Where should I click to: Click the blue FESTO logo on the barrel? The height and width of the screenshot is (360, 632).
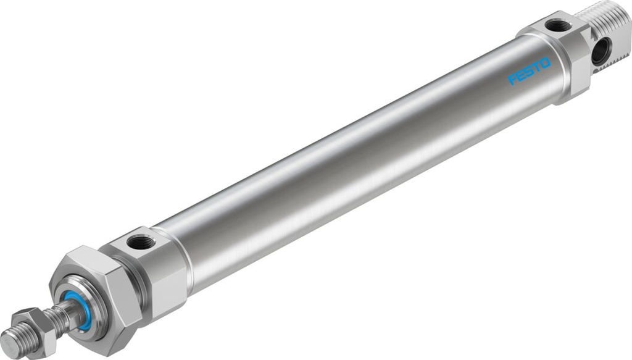(528, 74)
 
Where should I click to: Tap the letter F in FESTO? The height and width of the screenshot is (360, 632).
(512, 81)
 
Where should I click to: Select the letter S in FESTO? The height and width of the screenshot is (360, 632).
(528, 74)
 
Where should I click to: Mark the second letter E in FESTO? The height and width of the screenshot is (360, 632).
(520, 78)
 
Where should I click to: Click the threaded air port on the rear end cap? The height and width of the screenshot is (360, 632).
(559, 26)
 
